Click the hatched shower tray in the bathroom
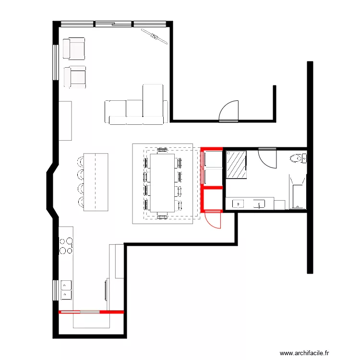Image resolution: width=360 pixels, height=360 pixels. pyautogui.click(x=236, y=165)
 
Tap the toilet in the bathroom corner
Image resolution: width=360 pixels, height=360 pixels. pyautogui.click(x=298, y=157)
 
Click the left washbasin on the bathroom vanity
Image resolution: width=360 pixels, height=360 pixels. pyautogui.click(x=238, y=204)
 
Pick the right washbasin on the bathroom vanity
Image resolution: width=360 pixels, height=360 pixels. pyautogui.click(x=260, y=204)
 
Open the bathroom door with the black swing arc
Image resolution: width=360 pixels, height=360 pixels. pyautogui.click(x=267, y=158)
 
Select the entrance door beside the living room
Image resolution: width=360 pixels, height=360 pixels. pyautogui.click(x=228, y=111)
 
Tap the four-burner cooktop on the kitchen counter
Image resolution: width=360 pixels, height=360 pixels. pyautogui.click(x=66, y=245)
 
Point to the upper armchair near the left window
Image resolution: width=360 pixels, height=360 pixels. pyautogui.click(x=75, y=48)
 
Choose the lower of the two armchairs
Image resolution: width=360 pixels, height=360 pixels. pyautogui.click(x=75, y=77)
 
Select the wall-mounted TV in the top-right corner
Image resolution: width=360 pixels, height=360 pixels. pyautogui.click(x=155, y=36)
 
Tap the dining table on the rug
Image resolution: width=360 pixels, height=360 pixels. pyautogui.click(x=162, y=182)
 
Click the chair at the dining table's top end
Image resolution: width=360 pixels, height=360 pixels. pyautogui.click(x=162, y=150)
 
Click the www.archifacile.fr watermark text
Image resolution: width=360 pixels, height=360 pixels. pyautogui.click(x=305, y=352)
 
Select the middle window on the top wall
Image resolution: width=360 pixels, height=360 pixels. pyautogui.click(x=113, y=23)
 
